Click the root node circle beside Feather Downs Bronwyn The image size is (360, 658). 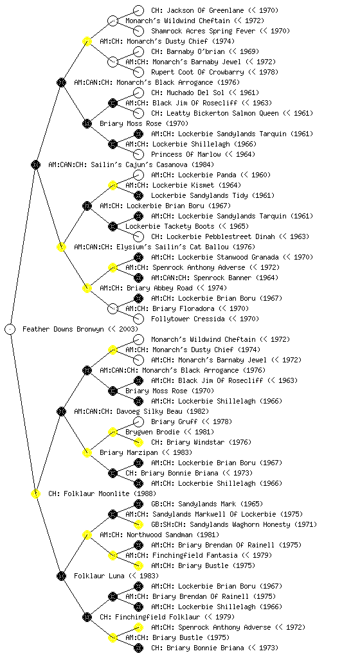pyautogui.click(x=10, y=329)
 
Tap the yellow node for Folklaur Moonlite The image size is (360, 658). pyautogui.click(x=36, y=493)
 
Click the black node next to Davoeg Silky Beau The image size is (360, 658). pyautogui.click(x=62, y=411)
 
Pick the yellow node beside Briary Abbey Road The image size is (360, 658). pyautogui.click(x=87, y=288)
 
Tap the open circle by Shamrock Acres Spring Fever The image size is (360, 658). pyautogui.click(x=138, y=31)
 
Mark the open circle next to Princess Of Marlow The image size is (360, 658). pyautogui.click(x=138, y=154)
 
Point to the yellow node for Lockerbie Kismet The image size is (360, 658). pyautogui.click(x=113, y=185)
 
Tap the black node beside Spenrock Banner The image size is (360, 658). pyautogui.click(x=138, y=278)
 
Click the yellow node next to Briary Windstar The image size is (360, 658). pyautogui.click(x=138, y=442)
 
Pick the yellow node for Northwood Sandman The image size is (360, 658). pyautogui.click(x=87, y=535)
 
